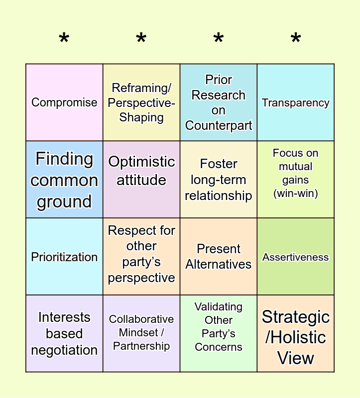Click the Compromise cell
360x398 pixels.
64,102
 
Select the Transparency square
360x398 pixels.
296,102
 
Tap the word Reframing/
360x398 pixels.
141,88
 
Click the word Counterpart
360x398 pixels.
219,125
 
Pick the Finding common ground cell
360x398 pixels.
64,180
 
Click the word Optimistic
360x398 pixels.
141,162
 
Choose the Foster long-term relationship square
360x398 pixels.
219,180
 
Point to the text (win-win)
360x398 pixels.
296,193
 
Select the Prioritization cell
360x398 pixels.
64,257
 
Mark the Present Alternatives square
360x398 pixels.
219,257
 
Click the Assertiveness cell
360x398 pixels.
296,257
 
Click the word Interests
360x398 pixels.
64,317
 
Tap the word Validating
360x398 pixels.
219,307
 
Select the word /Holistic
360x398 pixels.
296,337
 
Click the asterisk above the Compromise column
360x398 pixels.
64,39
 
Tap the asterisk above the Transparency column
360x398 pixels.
296,39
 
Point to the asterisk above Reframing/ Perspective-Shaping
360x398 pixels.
141,39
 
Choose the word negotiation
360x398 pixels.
64,350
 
